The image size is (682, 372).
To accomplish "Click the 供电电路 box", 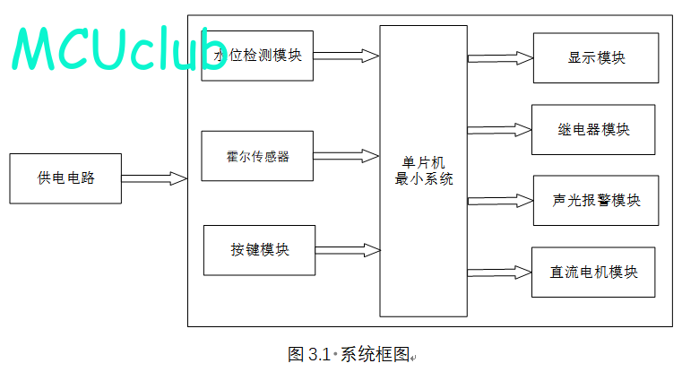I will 65,178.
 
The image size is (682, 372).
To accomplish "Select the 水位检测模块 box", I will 257,56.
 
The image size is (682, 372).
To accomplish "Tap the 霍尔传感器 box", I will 257,157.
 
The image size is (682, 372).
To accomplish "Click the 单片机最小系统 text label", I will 424,170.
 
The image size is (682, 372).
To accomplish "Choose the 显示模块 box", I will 595,58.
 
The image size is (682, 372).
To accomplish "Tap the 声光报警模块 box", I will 595,200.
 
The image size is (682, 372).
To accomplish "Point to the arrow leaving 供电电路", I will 154,178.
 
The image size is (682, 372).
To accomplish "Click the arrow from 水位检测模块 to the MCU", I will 346,56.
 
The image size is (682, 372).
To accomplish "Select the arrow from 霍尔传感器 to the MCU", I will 346,156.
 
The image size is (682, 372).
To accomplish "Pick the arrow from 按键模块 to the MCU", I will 346,248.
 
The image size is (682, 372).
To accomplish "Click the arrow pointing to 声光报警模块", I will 499,200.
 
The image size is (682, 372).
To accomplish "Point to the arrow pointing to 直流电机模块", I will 499,271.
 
